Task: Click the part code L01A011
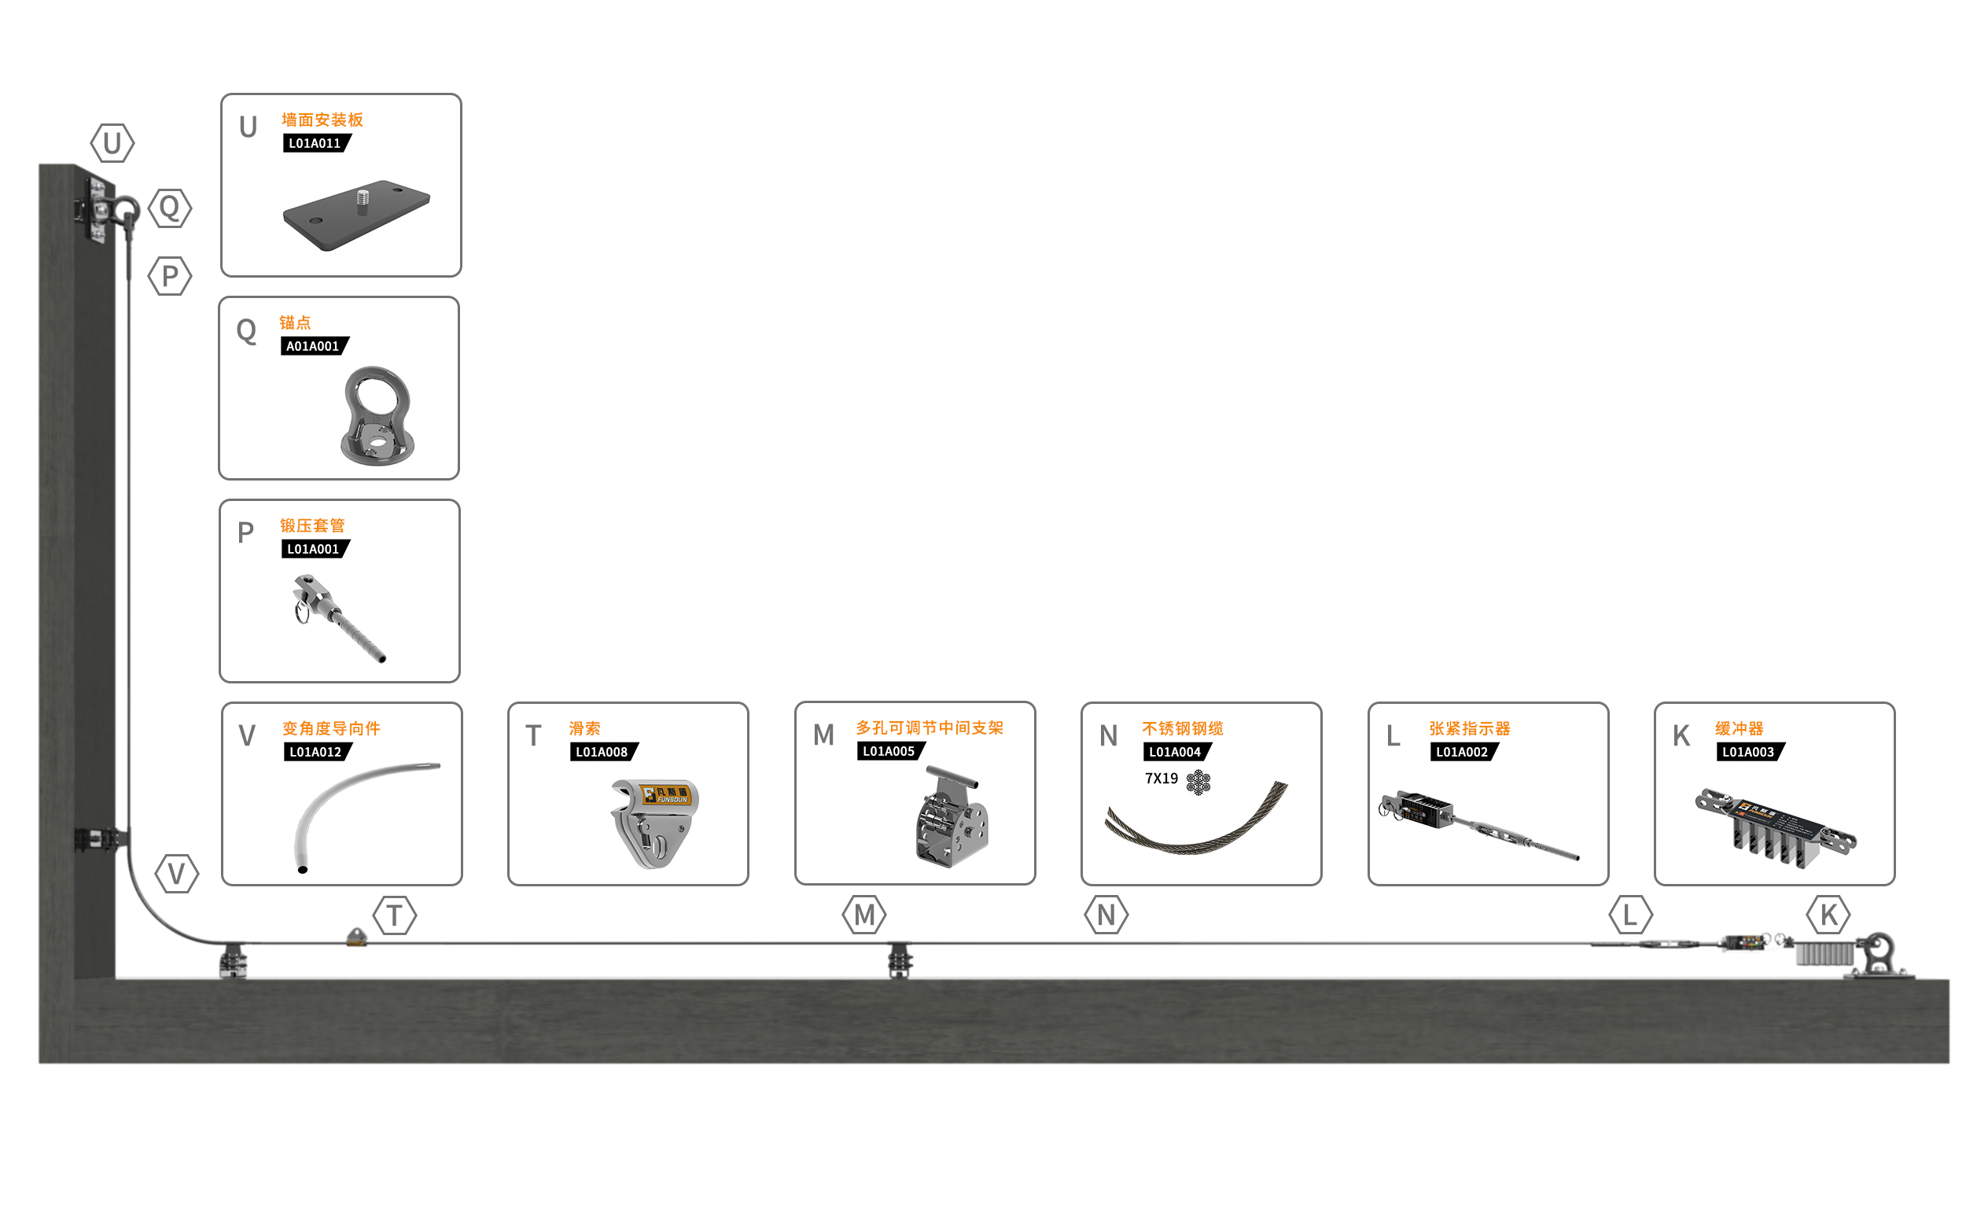pyautogui.click(x=315, y=144)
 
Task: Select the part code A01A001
pyautogui.click(x=312, y=347)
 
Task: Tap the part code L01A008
pyautogui.click(x=602, y=753)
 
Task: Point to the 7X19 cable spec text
pyautogui.click(x=1162, y=779)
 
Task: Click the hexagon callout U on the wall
pyautogui.click(x=112, y=144)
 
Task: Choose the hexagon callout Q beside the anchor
pyautogui.click(x=170, y=208)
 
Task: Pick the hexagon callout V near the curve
pyautogui.click(x=177, y=874)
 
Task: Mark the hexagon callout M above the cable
pyautogui.click(x=864, y=915)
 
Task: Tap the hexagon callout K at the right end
pyautogui.click(x=1828, y=915)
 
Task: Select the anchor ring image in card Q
pyautogui.click(x=377, y=415)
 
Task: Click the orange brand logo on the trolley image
pyautogui.click(x=665, y=795)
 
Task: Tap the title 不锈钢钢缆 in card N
pyautogui.click(x=1183, y=728)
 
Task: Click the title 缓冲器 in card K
pyautogui.click(x=1739, y=728)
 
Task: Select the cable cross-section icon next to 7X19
pyautogui.click(x=1198, y=783)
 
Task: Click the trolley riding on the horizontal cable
pyautogui.click(x=356, y=938)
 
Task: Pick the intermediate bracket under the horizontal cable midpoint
pyautogui.click(x=900, y=959)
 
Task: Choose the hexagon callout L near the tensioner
pyautogui.click(x=1630, y=915)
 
